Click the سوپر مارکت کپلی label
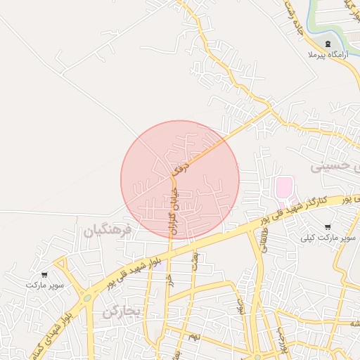coord(329,238)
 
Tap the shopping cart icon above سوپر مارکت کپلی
coord(328,227)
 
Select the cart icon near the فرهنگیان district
coord(44,275)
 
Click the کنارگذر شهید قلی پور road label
coord(306,209)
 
